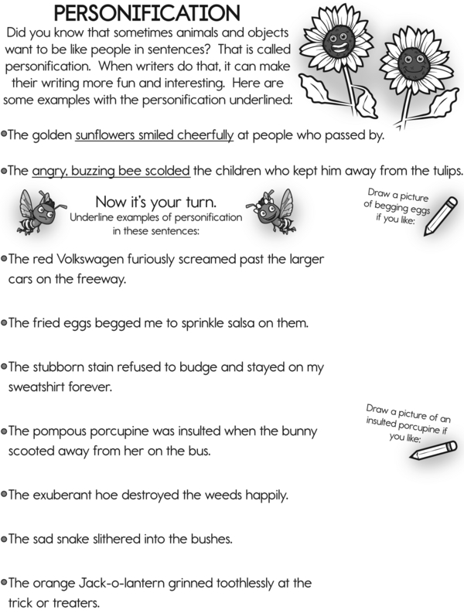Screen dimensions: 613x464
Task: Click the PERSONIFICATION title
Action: pos(147,13)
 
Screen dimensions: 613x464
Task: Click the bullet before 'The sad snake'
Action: pos(5,537)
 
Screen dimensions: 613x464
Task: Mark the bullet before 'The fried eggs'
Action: pos(5,322)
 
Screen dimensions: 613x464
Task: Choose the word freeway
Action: pos(101,278)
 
